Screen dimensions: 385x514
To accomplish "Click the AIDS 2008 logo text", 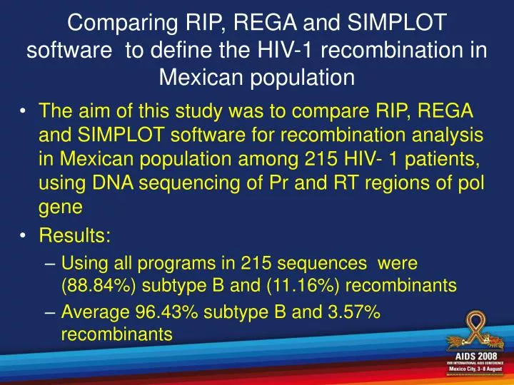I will tap(473, 356).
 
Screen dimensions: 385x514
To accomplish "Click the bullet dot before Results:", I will tap(25, 235).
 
